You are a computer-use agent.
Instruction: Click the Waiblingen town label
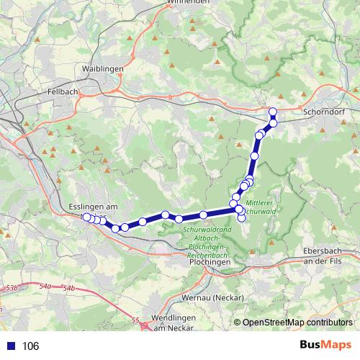[x=103, y=68]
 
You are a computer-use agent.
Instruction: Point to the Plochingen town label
[x=211, y=263]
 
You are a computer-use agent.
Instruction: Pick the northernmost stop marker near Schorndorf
[x=273, y=111]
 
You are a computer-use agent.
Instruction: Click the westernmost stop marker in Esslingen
[x=86, y=217]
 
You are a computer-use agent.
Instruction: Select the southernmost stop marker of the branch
[x=242, y=218]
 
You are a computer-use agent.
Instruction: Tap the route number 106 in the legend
[x=31, y=346]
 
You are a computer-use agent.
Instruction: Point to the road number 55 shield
[x=135, y=319]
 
